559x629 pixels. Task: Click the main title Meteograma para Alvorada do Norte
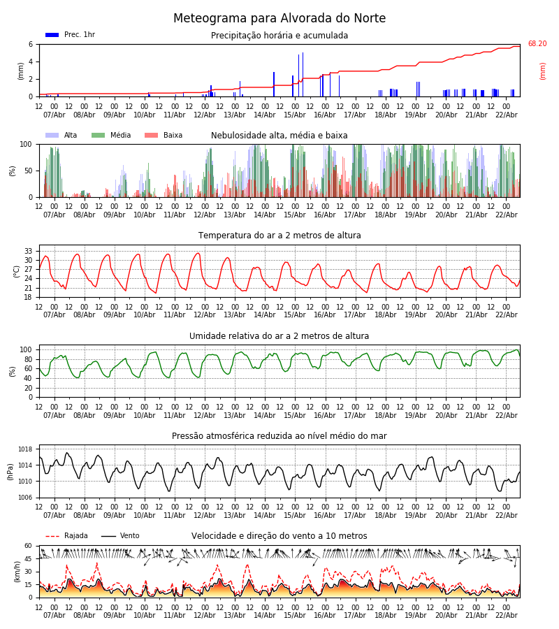[279, 19]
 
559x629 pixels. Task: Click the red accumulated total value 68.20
[537, 44]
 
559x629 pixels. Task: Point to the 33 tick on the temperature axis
[29, 251]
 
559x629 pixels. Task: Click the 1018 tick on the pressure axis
[26, 449]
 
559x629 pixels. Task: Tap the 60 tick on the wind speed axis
[29, 546]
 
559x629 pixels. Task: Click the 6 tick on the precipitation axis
[31, 44]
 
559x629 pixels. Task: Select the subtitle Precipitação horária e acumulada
[279, 36]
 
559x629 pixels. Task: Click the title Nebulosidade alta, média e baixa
[279, 136]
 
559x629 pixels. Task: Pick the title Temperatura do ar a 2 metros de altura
[279, 236]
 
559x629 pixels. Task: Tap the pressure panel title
[279, 436]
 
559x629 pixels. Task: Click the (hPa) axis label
[11, 471]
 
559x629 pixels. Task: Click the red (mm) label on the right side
[542, 71]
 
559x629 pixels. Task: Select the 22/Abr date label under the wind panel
[506, 615]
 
